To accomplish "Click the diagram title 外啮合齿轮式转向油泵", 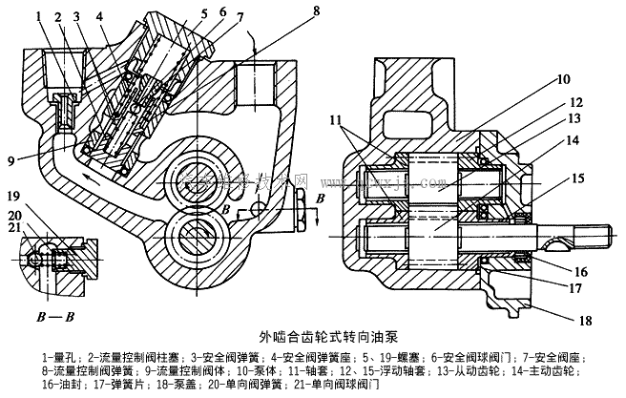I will pyautogui.click(x=315, y=336).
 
